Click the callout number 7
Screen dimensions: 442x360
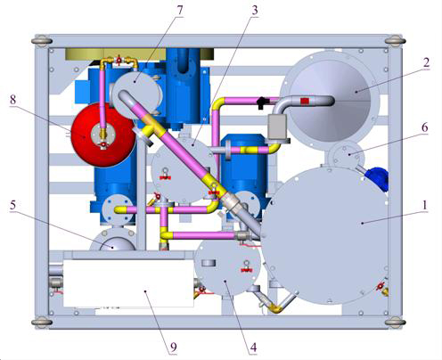[x=180, y=11]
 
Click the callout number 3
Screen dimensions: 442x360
[x=255, y=11]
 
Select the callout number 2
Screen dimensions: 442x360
[x=426, y=62]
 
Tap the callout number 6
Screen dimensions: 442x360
[x=425, y=127]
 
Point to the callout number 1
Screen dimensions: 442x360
[x=425, y=205]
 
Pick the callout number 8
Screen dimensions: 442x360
[x=12, y=100]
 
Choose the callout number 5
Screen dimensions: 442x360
[x=12, y=205]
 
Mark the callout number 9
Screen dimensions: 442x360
[x=174, y=347]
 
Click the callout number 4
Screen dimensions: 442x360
[x=253, y=347]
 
